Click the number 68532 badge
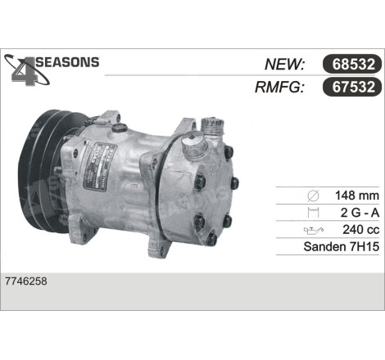[x=352, y=64]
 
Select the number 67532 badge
[x=352, y=87]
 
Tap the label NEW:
[x=285, y=65]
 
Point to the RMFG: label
[x=279, y=88]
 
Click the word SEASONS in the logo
[x=68, y=62]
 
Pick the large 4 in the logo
[x=25, y=70]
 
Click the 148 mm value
[x=357, y=196]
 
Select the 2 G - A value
[x=360, y=213]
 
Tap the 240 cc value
[x=361, y=230]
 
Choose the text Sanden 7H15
[x=342, y=246]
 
